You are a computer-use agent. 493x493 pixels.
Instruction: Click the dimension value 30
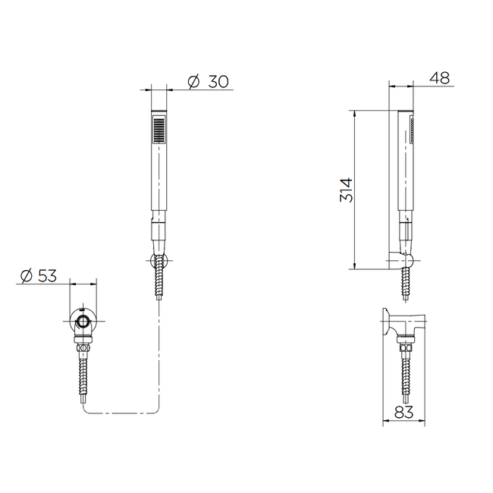click(218, 82)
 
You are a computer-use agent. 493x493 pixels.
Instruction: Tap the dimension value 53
click(47, 276)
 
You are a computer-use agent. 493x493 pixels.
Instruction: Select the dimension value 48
click(440, 78)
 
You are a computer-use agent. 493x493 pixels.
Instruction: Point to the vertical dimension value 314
click(346, 190)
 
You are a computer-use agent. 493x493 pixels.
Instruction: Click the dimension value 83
click(404, 412)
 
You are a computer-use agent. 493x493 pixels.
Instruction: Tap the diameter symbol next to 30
click(193, 82)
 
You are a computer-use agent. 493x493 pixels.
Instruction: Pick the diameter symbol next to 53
click(27, 276)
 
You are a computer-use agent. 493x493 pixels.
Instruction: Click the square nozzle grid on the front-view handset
click(159, 129)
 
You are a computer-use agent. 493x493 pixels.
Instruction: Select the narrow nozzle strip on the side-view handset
click(411, 130)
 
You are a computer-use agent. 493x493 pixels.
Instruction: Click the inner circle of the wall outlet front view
click(83, 322)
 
